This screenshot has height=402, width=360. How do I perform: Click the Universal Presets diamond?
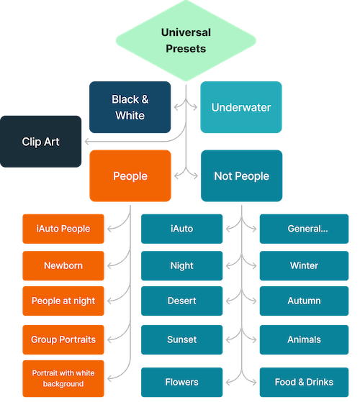tap(186, 40)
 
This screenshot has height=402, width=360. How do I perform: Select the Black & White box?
tap(130, 107)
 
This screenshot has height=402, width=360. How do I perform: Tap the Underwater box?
tap(241, 107)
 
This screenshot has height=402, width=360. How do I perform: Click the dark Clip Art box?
tap(40, 142)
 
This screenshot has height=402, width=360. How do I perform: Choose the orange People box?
tap(130, 176)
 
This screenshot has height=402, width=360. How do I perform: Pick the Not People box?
tap(241, 176)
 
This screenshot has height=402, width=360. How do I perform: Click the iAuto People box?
tap(63, 229)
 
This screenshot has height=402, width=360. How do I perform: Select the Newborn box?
tap(63, 265)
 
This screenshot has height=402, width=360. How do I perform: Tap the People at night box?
tap(63, 301)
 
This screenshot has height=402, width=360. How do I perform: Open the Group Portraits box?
tap(63, 339)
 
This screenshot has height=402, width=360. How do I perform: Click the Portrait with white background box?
tap(63, 378)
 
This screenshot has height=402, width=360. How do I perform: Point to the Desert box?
tap(181, 301)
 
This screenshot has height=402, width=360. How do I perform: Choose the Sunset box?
tap(181, 339)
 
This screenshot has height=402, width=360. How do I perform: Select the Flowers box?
tap(181, 382)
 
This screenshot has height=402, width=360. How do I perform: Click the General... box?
tap(304, 229)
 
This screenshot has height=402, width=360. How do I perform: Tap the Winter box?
tap(304, 265)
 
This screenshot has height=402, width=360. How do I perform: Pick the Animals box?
tap(304, 339)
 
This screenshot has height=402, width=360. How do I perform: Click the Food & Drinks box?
tap(304, 382)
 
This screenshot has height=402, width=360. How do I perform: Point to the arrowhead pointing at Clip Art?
tap(86, 141)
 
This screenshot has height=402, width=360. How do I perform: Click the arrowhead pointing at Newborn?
tap(109, 265)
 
